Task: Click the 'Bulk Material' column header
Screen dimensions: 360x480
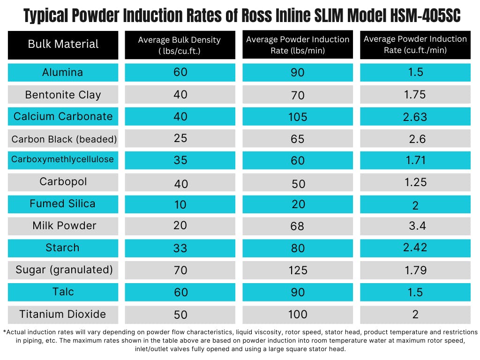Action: coord(63,45)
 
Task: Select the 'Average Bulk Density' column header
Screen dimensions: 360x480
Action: coord(180,45)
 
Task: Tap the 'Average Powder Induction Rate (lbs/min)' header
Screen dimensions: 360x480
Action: coord(298,45)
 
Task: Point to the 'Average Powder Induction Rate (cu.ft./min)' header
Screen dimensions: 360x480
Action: coord(415,45)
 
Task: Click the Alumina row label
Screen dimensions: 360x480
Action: coord(63,73)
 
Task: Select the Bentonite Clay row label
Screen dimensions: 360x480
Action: coord(63,95)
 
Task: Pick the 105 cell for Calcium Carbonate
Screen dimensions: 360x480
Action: coord(298,117)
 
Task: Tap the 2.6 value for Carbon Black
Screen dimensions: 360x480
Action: coord(415,139)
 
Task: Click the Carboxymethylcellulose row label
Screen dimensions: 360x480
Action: coord(63,159)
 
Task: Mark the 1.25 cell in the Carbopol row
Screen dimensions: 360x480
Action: coord(415,182)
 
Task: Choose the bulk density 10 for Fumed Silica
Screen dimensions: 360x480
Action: coord(180,205)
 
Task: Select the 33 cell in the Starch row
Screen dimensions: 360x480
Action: coord(180,248)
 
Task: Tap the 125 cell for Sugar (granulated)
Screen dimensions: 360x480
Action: coord(298,270)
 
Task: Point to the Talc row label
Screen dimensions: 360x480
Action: coord(63,292)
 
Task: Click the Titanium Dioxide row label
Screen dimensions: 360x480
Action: coord(63,314)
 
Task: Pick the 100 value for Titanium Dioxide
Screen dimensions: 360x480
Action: coord(298,315)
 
